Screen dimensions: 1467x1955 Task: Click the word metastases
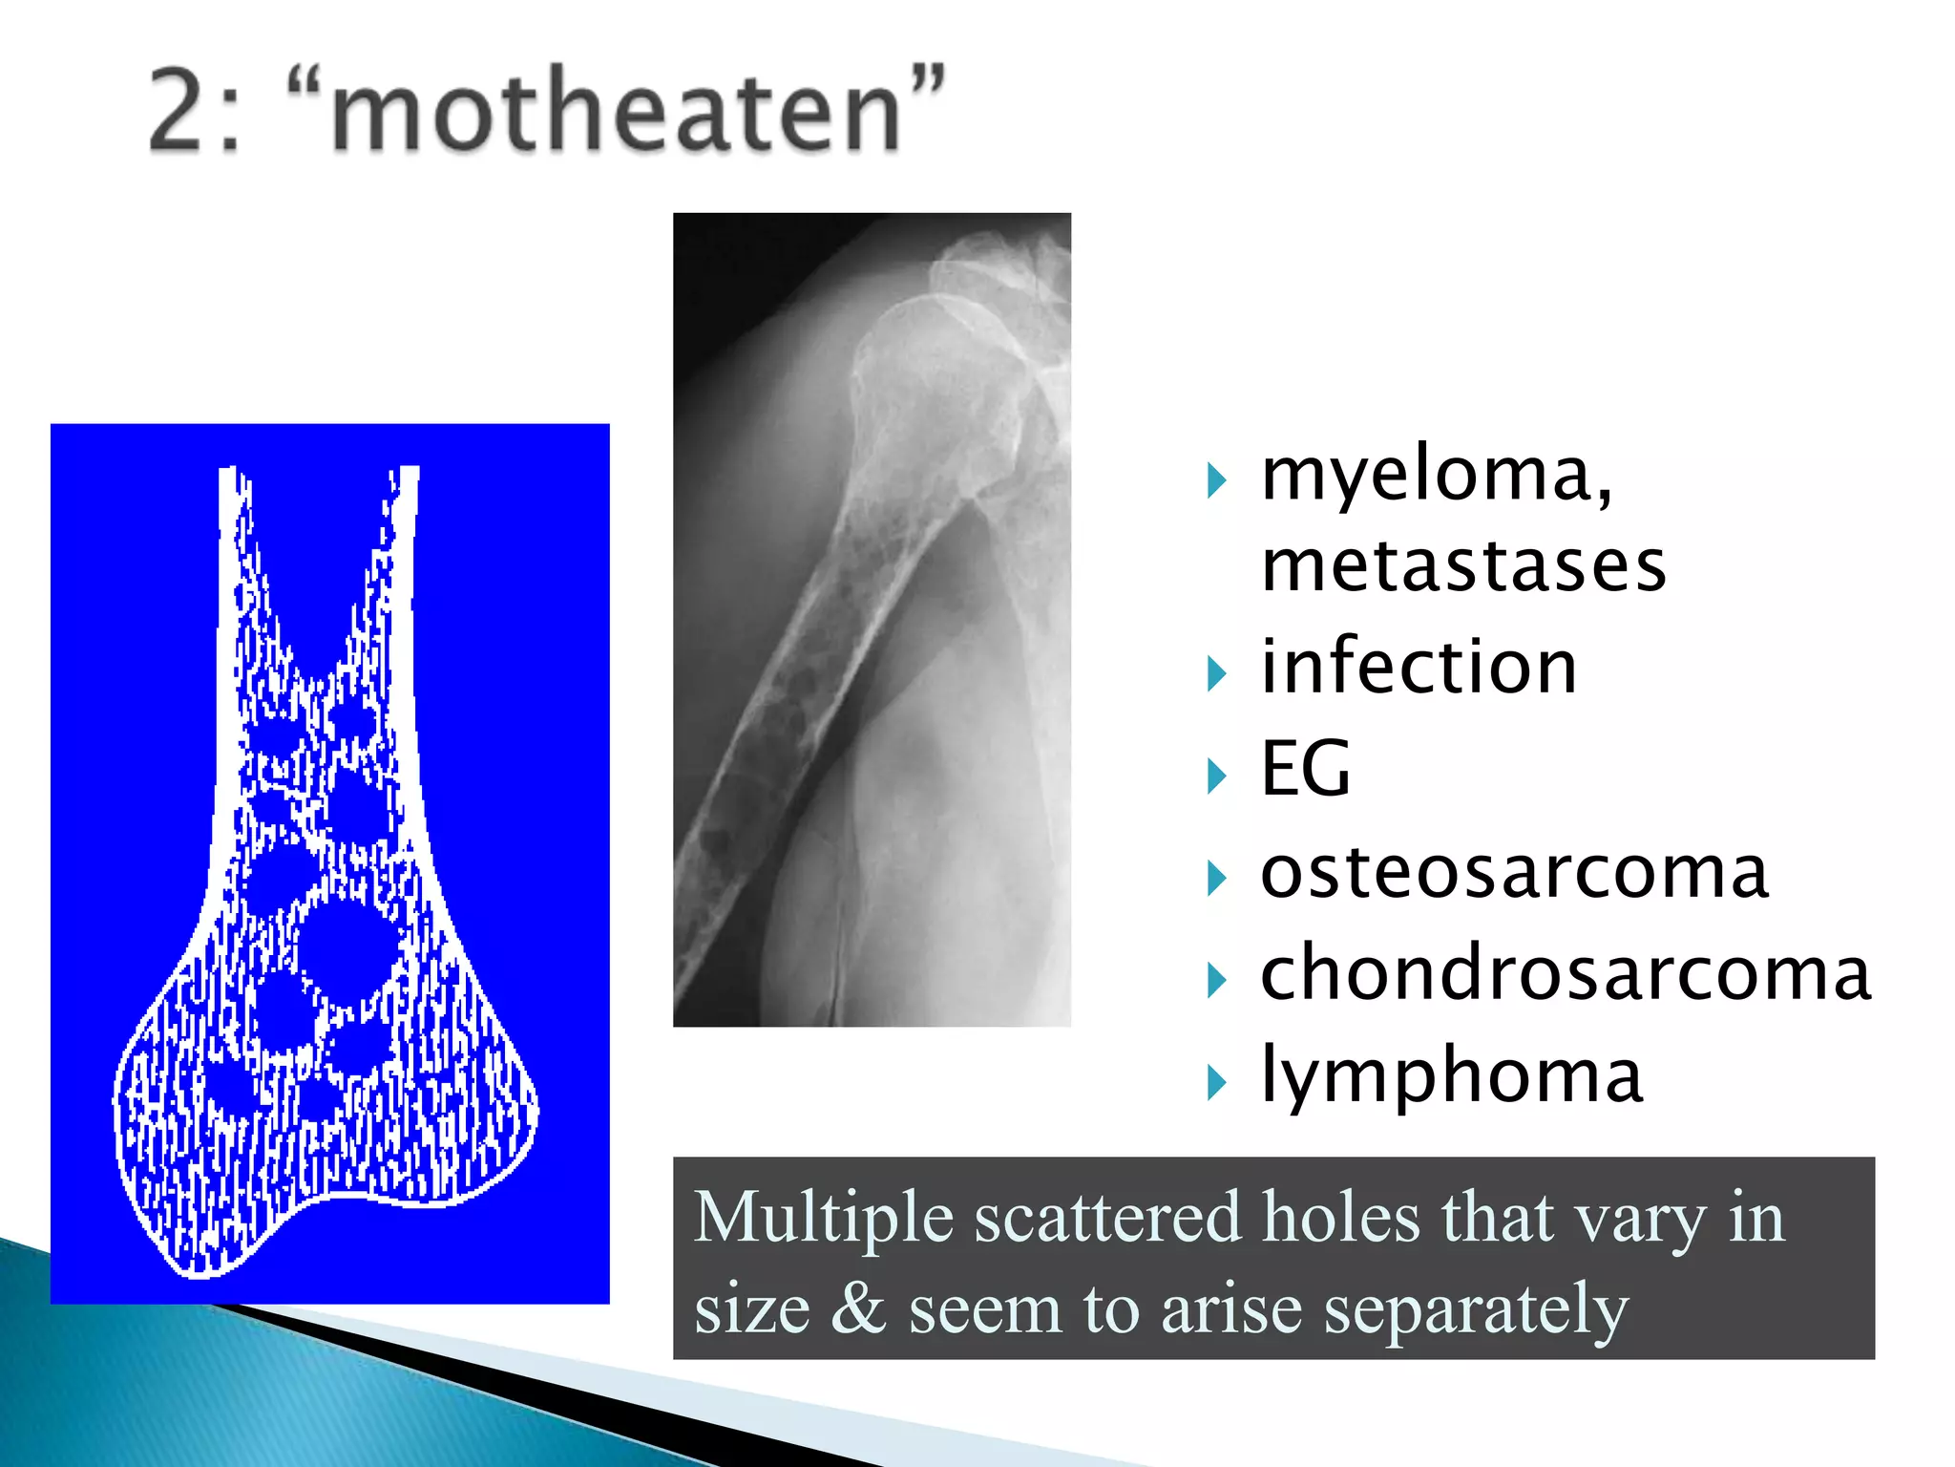click(1463, 565)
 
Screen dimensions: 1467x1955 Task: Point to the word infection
click(1419, 667)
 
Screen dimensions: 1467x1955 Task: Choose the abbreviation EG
click(1305, 769)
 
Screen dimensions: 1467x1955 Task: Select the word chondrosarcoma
click(1566, 973)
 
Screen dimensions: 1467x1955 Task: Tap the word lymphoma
click(1451, 1075)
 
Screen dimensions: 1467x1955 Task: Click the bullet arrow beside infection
click(1216, 673)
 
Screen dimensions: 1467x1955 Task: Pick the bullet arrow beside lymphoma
click(1216, 1082)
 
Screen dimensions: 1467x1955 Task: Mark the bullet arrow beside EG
click(1216, 776)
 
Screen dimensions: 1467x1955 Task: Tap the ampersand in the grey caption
click(858, 1308)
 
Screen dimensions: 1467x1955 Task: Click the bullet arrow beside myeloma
click(1216, 480)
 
